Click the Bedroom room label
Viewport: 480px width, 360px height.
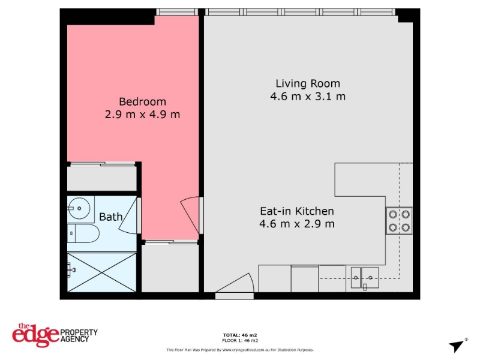[142, 101]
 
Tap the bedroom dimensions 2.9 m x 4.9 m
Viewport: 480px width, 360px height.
[142, 115]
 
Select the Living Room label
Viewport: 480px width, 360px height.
[308, 83]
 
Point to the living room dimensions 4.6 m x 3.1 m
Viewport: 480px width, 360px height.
[308, 97]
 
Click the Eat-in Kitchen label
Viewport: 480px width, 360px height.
[297, 211]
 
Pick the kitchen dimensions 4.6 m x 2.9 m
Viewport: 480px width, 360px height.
[297, 224]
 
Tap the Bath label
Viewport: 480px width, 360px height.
[111, 217]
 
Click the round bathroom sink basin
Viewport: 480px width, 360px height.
[79, 208]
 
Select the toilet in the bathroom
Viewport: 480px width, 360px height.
[83, 233]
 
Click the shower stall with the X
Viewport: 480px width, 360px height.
[101, 272]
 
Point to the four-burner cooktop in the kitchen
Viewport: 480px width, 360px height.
[399, 221]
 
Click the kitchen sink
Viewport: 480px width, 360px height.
[365, 278]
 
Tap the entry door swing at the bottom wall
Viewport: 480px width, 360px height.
[235, 283]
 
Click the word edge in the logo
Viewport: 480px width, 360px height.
[35, 335]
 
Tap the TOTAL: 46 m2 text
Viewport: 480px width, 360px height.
[240, 335]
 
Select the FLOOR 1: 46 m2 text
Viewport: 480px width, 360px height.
[240, 340]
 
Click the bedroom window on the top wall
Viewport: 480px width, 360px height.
[177, 12]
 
